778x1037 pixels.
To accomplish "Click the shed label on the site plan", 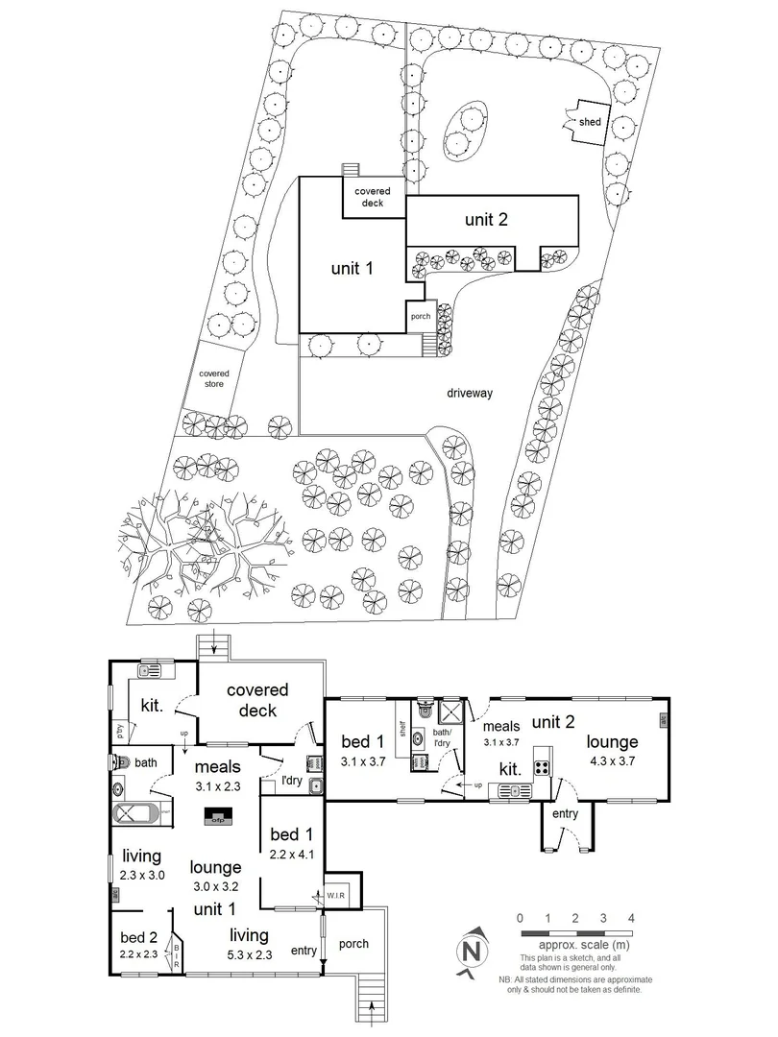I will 589,122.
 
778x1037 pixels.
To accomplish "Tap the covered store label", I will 214,380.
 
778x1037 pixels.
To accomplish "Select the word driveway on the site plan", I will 470,393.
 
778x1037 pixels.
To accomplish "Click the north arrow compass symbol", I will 471,951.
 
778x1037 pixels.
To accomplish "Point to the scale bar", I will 574,933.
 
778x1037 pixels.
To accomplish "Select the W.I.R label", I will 338,897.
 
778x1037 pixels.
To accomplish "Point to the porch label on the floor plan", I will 354,943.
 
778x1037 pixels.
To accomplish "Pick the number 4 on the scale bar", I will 630,918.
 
